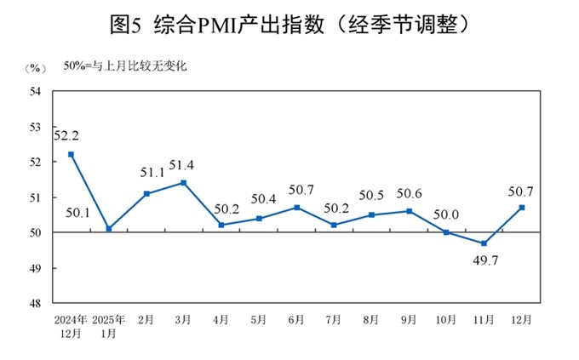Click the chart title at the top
289,25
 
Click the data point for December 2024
71,154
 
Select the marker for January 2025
108,228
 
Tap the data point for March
183,182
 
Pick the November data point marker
484,243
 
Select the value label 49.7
484,259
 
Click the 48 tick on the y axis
37,303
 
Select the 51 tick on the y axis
37,197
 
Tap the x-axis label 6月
296,320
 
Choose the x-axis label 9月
409,320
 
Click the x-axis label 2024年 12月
71,326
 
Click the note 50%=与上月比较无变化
126,65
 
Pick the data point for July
334,225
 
